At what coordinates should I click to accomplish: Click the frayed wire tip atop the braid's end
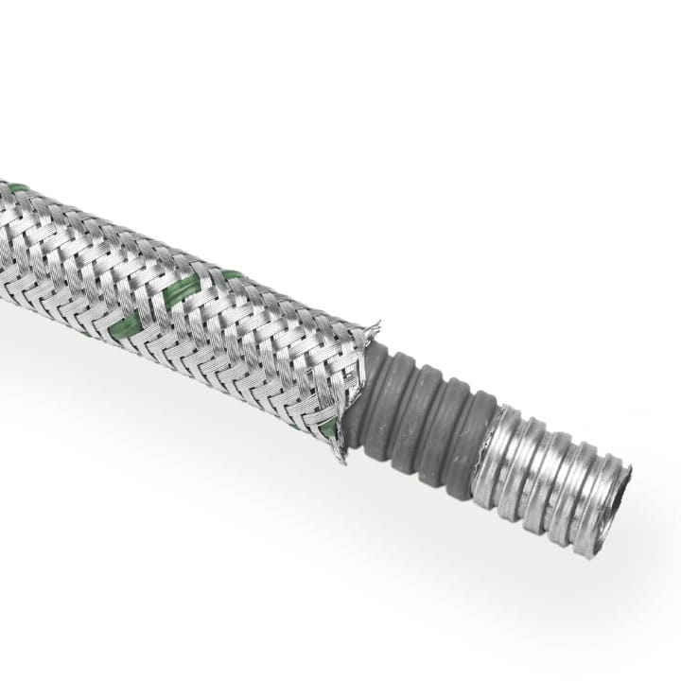[375, 328]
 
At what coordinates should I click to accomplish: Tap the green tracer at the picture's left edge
[14, 188]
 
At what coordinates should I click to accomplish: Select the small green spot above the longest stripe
[232, 275]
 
